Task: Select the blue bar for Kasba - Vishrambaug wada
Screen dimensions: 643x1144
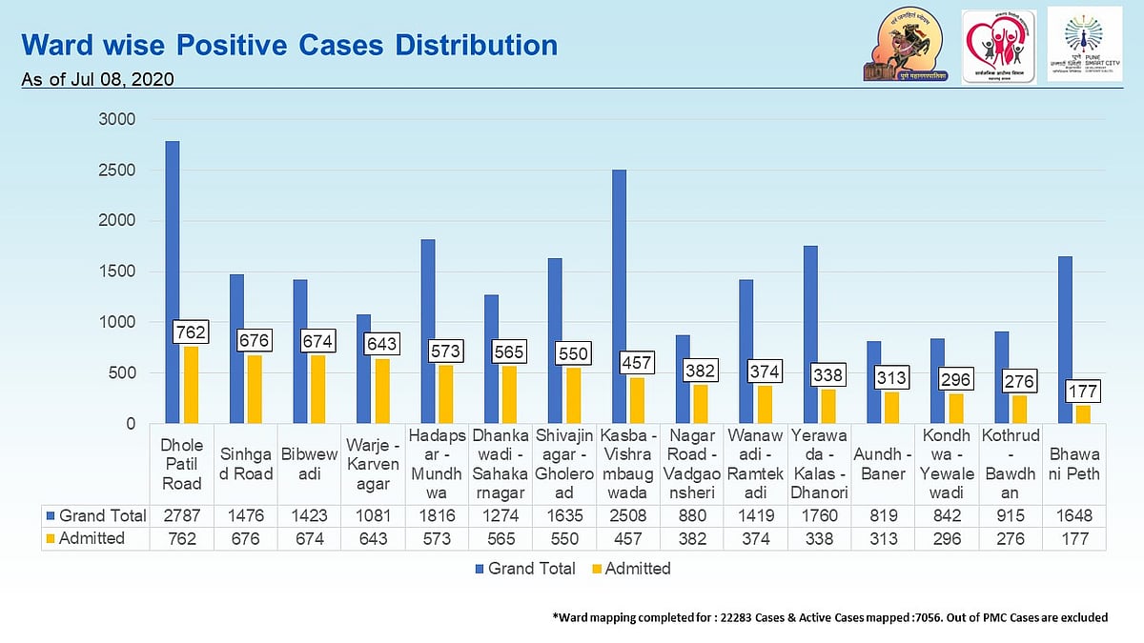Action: click(x=619, y=296)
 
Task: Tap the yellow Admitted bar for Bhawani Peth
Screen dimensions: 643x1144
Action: click(x=1082, y=414)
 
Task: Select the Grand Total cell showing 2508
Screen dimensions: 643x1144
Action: click(x=628, y=515)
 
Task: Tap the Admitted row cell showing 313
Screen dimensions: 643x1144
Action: click(x=883, y=538)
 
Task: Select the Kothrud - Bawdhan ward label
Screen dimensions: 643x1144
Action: click(x=1011, y=466)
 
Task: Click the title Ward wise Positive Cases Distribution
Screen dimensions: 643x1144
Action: click(x=289, y=45)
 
